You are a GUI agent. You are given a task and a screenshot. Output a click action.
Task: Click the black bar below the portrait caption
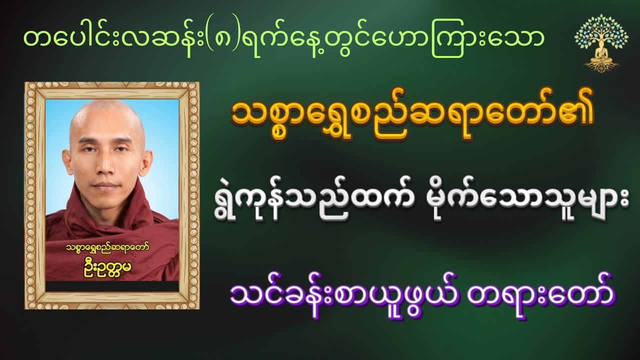click(112, 286)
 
